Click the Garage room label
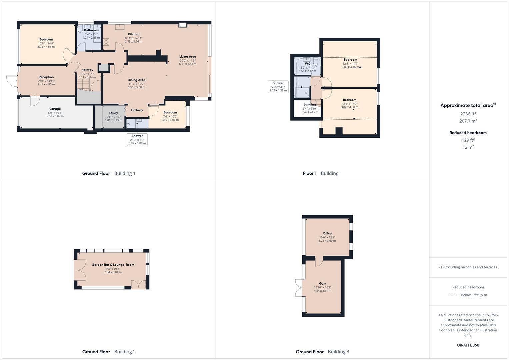[x=55, y=109]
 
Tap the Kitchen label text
[x=134, y=34]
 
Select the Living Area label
[x=188, y=57]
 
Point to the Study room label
[x=114, y=113]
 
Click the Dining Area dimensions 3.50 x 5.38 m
[x=136, y=87]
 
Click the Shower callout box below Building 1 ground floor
[x=137, y=140]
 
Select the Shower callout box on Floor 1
[x=278, y=87]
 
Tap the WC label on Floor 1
[x=307, y=64]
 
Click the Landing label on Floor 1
[x=310, y=105]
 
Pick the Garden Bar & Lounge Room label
[x=113, y=265]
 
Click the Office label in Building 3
[x=327, y=233]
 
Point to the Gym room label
[x=322, y=284]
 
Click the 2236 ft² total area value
[x=468, y=114]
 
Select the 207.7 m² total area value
[x=468, y=121]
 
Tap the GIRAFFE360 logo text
[x=468, y=345]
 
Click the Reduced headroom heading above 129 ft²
[x=468, y=133]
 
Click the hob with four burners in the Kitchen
[x=106, y=42]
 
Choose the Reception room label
[x=46, y=77]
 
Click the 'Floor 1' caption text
[x=310, y=173]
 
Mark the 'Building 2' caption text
[x=125, y=352]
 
